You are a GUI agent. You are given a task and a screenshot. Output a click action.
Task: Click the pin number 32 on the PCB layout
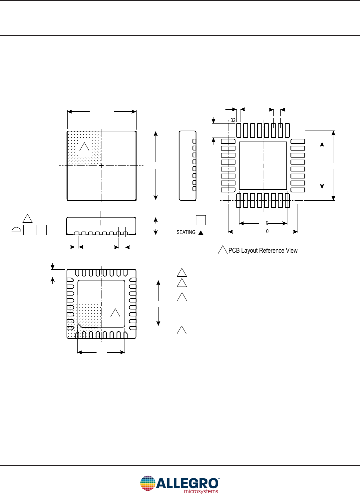pos(233,120)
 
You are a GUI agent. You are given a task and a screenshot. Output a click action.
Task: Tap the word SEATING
pos(186,232)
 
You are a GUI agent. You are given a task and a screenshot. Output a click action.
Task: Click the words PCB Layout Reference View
pos(263,251)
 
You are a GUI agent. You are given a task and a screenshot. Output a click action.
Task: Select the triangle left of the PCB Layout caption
pos(222,250)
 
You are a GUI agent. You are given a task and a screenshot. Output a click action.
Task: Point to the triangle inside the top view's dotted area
pos(84,147)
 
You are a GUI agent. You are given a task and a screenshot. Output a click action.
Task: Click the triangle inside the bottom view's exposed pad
pos(115,313)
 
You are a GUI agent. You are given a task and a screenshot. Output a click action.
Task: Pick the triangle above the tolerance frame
pos(27,219)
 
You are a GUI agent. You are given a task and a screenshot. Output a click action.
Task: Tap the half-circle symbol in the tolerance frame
pos(16,230)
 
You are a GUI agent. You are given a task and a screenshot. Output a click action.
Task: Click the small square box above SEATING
pos(201,220)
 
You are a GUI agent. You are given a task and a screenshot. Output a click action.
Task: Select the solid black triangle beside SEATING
pos(201,233)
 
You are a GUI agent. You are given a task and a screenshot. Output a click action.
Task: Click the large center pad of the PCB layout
pos(263,166)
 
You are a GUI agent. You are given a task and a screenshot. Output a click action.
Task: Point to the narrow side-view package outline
pos(187,166)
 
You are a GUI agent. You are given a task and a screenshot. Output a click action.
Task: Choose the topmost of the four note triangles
pos(181,273)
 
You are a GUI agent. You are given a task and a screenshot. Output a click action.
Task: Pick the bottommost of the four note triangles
pos(181,330)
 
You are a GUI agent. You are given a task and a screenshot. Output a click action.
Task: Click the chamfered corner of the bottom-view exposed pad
pos(80,325)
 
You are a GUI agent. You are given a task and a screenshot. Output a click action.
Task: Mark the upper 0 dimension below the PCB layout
pos(267,223)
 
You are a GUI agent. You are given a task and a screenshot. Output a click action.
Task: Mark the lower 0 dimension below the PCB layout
pos(267,231)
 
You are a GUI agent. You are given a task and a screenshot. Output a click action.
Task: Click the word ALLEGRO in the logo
pos(187,483)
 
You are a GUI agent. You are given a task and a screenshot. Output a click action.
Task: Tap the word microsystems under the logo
pos(201,491)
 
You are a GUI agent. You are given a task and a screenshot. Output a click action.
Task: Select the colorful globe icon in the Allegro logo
pos(148,483)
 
